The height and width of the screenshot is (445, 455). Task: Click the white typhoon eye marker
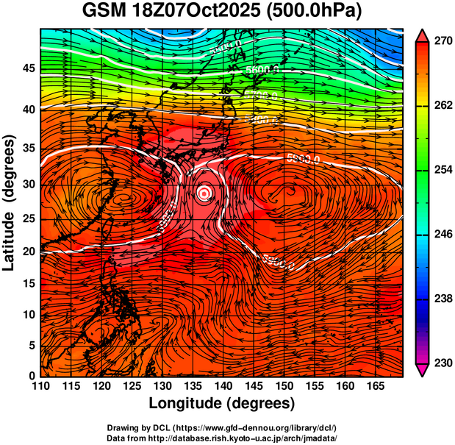[x=205, y=193]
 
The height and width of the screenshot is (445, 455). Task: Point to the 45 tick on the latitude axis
[x=29, y=68]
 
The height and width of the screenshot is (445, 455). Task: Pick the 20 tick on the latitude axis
[x=29, y=252]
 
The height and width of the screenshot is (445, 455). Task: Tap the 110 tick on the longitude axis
[x=40, y=386]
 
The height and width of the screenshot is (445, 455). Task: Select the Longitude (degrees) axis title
[x=222, y=404]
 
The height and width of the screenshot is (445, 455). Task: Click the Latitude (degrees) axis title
[x=10, y=202]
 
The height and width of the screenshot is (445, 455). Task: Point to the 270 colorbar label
[x=440, y=42]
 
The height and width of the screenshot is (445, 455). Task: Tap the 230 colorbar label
[x=440, y=363]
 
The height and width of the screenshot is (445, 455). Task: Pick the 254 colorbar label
[x=440, y=171]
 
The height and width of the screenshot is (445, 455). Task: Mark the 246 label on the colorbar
[x=440, y=235]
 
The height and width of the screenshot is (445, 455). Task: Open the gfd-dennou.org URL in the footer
[x=247, y=427]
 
